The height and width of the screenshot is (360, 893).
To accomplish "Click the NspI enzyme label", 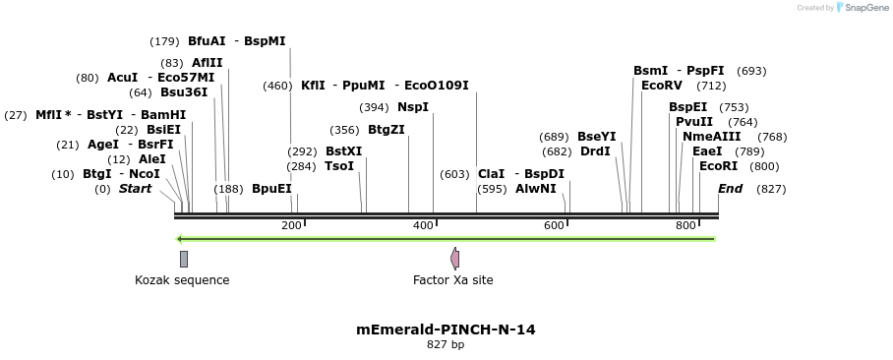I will pyautogui.click(x=413, y=107).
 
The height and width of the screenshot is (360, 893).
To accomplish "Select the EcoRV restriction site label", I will pyautogui.click(x=661, y=86).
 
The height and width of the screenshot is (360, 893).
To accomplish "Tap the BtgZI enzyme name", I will pyautogui.click(x=387, y=130).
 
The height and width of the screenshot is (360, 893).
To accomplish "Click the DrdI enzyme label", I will pyautogui.click(x=596, y=151).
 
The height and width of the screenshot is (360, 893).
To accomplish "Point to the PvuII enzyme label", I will pyautogui.click(x=694, y=122).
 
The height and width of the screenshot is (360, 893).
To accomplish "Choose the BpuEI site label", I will pyautogui.click(x=272, y=189).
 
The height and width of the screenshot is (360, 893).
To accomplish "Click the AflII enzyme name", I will pyautogui.click(x=208, y=63).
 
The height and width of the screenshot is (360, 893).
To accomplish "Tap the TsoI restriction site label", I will pyautogui.click(x=339, y=166).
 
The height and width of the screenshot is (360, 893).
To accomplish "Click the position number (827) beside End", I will pyautogui.click(x=771, y=189).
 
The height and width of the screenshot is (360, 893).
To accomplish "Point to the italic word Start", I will pyautogui.click(x=136, y=189).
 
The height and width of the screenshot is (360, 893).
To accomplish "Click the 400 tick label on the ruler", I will pyautogui.click(x=424, y=226).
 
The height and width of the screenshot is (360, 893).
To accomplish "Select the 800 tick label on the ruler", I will pyautogui.click(x=685, y=226).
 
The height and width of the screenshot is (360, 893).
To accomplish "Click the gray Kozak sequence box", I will pyautogui.click(x=184, y=259).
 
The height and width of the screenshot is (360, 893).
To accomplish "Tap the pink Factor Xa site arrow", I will pyautogui.click(x=454, y=259).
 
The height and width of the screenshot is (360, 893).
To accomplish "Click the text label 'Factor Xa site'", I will pyautogui.click(x=453, y=280).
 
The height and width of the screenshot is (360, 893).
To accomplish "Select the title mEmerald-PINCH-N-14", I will pyautogui.click(x=446, y=330).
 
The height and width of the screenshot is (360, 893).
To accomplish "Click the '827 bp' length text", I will pyautogui.click(x=446, y=345).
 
